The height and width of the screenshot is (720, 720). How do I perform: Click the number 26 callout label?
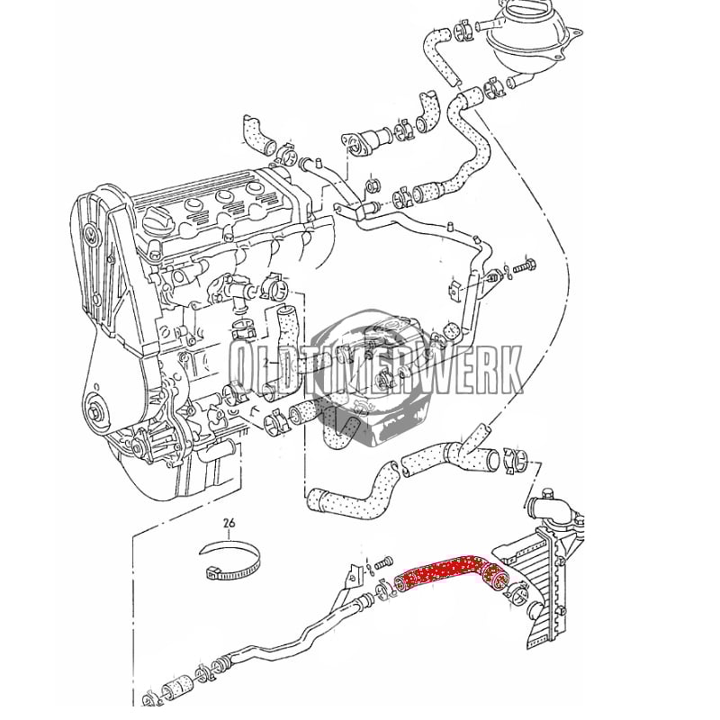(x=229, y=523)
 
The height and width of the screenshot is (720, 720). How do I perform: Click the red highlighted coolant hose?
(x=453, y=573)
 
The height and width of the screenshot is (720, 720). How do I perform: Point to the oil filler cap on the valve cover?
(x=159, y=221)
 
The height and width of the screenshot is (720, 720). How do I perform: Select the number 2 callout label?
(x=265, y=364)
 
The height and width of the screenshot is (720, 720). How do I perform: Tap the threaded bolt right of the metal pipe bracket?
(x=525, y=265)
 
